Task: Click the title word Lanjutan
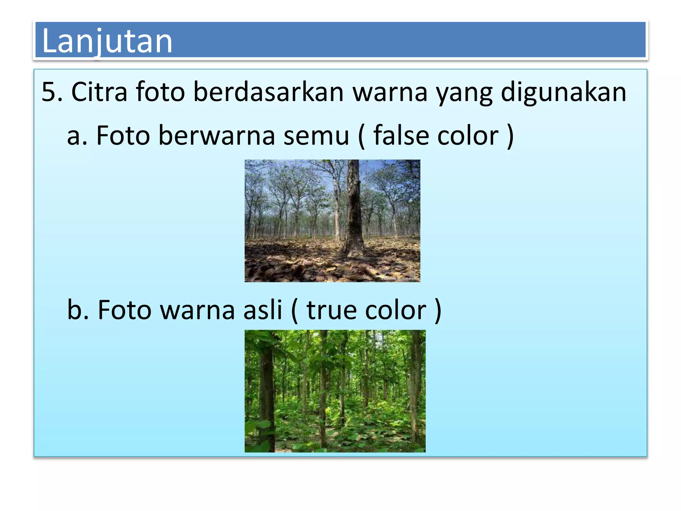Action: (x=107, y=41)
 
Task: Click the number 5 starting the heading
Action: (x=49, y=92)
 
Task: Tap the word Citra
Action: (x=99, y=92)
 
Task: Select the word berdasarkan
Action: (x=269, y=92)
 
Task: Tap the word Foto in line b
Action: (x=124, y=310)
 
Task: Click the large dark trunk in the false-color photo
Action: (x=354, y=213)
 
